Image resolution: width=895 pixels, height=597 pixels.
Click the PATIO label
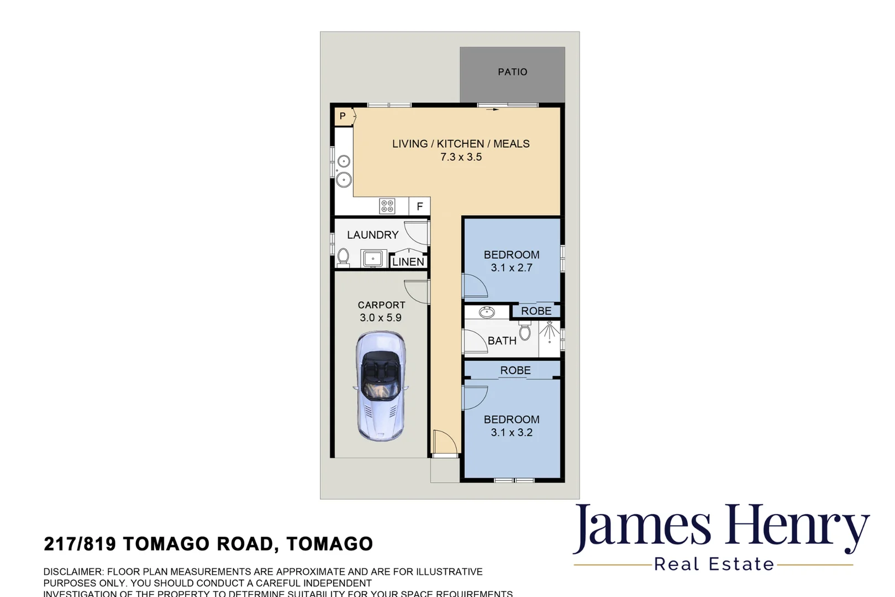[512, 72]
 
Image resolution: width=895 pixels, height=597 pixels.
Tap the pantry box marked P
[343, 116]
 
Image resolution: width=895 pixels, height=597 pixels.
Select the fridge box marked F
[419, 206]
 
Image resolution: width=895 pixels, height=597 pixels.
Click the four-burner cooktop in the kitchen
[387, 206]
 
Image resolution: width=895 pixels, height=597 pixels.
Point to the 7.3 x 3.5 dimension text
[461, 157]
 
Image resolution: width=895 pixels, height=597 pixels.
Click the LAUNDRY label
[372, 235]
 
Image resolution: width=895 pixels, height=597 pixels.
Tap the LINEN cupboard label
[408, 262]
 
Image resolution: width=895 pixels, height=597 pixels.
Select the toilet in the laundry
[343, 257]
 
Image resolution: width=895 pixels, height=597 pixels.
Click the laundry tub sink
[373, 258]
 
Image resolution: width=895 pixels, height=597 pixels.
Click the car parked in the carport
[380, 386]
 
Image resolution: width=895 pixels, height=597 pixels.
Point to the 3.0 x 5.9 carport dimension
[380, 318]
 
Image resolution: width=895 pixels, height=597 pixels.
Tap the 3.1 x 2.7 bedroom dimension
[512, 268]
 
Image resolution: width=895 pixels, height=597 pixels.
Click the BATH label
[502, 341]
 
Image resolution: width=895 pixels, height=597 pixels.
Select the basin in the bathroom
[487, 313]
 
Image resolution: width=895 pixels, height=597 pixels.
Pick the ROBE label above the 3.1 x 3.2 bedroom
[515, 370]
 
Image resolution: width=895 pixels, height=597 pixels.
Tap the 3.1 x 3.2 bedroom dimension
[512, 433]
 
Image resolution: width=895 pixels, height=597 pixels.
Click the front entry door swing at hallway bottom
[444, 442]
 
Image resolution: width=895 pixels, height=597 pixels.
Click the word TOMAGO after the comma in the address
[330, 544]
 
